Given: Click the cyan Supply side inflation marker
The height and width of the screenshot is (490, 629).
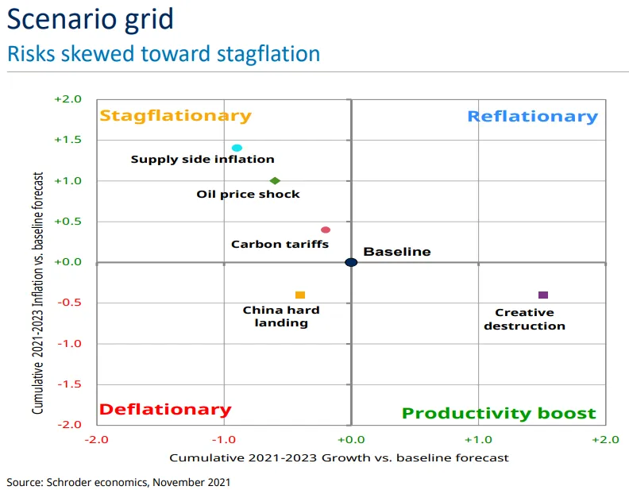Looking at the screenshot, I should (237, 148).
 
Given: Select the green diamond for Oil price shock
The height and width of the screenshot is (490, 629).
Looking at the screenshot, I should (275, 180).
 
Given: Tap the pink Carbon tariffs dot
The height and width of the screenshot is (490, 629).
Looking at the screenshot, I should (326, 230).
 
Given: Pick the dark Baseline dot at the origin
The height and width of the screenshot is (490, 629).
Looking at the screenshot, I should (351, 262).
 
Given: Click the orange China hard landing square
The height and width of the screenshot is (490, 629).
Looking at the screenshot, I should (300, 295).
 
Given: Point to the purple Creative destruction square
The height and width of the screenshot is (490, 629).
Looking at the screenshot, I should (543, 295).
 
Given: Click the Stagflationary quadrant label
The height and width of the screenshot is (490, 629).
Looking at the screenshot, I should (175, 115).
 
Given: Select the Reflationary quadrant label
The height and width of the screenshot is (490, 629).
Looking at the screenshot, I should (532, 116).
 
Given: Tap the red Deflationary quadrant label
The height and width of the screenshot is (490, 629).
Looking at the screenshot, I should (165, 410).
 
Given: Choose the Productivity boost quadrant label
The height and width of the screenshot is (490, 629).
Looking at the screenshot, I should (499, 413).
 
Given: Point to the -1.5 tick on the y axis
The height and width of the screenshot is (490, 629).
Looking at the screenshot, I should (69, 384).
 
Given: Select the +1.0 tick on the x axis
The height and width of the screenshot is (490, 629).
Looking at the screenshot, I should (478, 439).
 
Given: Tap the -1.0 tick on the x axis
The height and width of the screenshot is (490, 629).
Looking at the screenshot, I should (223, 439).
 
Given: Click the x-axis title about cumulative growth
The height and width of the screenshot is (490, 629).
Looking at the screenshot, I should (339, 457).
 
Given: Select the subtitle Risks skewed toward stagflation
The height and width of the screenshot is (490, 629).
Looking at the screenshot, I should (164, 53).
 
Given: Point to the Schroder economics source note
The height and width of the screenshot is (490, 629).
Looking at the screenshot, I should (119, 481).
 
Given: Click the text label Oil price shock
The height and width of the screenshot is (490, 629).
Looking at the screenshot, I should (249, 195).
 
